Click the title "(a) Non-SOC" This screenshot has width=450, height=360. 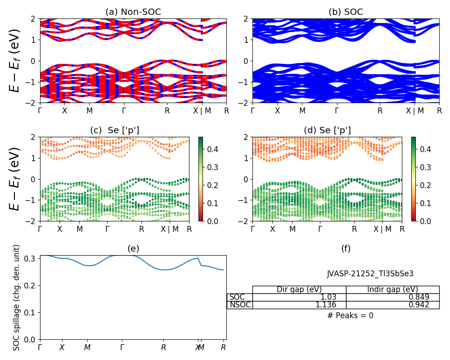point(133,12)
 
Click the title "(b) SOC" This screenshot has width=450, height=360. point(346,12)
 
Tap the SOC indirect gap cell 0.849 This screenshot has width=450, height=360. point(418,297)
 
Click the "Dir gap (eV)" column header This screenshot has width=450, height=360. point(299,289)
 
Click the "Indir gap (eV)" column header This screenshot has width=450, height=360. point(392,289)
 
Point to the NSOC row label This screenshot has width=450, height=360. point(240,305)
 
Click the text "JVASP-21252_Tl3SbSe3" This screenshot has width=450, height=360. point(370,274)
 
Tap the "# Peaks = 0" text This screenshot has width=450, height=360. point(350,315)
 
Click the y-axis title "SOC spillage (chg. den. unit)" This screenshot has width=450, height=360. point(17,297)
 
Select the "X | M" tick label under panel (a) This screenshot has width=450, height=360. point(202,111)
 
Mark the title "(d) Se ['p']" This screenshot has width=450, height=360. point(327,130)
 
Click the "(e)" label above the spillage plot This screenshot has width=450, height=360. point(133,248)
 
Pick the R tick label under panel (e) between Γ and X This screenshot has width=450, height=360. point(164,347)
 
